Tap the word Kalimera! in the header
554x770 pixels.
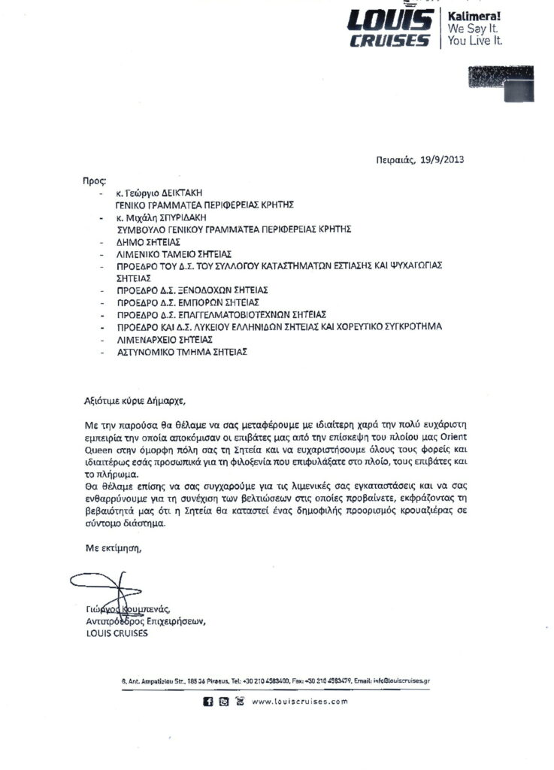click(475, 15)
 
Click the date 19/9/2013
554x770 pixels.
click(443, 159)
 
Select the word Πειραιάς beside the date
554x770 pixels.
click(395, 159)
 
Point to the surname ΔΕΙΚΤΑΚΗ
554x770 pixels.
click(182, 192)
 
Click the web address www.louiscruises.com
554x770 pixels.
click(300, 702)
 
